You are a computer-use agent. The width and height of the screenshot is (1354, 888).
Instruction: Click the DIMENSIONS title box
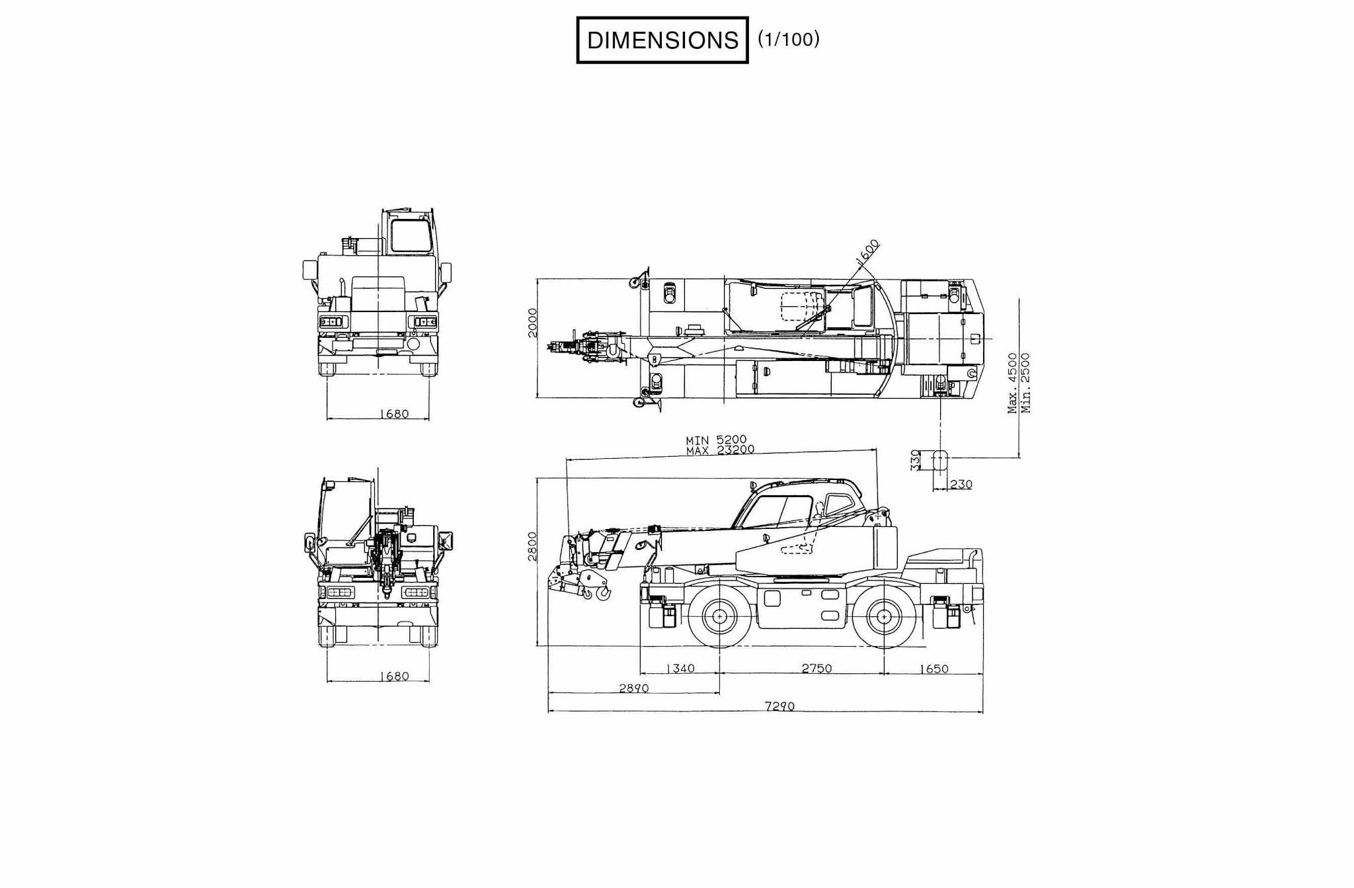[662, 40]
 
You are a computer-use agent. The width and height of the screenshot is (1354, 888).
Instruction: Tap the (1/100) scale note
[789, 39]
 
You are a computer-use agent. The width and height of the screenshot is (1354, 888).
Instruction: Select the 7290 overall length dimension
[779, 706]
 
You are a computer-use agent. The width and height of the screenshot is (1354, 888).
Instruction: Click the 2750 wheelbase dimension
[816, 668]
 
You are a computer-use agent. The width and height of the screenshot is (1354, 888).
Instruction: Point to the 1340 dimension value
[680, 668]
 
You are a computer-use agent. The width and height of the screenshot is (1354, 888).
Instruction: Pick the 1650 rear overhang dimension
[934, 668]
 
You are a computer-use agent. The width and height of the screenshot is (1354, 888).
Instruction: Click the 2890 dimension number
[633, 688]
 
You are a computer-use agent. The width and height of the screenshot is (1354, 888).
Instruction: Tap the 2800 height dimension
[533, 546]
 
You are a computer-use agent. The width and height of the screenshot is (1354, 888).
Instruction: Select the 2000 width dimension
[533, 322]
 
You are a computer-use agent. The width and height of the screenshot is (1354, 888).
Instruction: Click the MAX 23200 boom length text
[720, 450]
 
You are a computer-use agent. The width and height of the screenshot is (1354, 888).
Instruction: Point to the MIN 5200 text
[716, 440]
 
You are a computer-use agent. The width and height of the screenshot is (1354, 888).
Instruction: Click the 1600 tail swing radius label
[868, 252]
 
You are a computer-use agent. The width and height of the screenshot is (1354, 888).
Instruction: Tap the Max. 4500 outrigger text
[1012, 383]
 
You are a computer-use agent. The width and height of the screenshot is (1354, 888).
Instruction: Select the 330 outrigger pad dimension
[916, 460]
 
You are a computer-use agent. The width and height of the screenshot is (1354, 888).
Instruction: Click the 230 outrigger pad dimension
[961, 485]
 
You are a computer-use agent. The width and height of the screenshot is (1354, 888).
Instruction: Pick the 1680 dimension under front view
[394, 414]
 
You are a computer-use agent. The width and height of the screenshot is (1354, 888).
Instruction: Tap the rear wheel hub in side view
[885, 616]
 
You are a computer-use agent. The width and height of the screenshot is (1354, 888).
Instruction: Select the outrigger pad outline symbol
[940, 460]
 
